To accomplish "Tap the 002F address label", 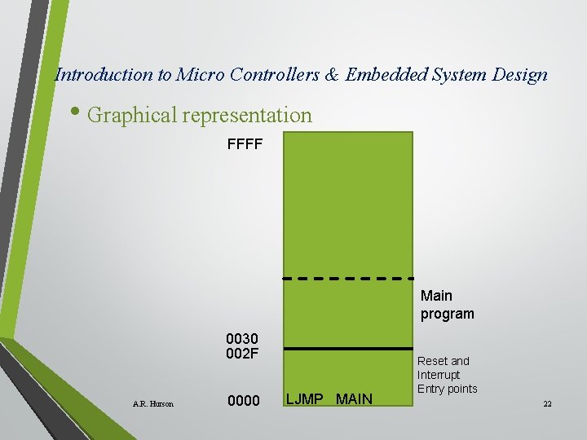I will pyautogui.click(x=242, y=353).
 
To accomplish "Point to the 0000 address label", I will pyautogui.click(x=243, y=400).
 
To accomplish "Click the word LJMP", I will pyautogui.click(x=306, y=398).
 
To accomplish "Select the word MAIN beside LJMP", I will pyautogui.click(x=354, y=398).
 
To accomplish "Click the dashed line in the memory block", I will pyautogui.click(x=347, y=278).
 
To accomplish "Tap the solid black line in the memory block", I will pyautogui.click(x=347, y=349).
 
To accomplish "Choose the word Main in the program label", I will pyautogui.click(x=436, y=296).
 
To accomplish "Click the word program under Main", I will pyautogui.click(x=447, y=314).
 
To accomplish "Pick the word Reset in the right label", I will pyautogui.click(x=432, y=361).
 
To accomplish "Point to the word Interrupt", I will pyautogui.click(x=439, y=375).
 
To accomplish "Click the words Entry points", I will pyautogui.click(x=447, y=389).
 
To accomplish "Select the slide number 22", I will pyautogui.click(x=546, y=404).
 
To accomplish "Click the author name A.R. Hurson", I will pyautogui.click(x=152, y=403).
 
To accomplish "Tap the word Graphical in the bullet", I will pyautogui.click(x=132, y=115).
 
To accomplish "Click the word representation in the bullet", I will pyautogui.click(x=247, y=115).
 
